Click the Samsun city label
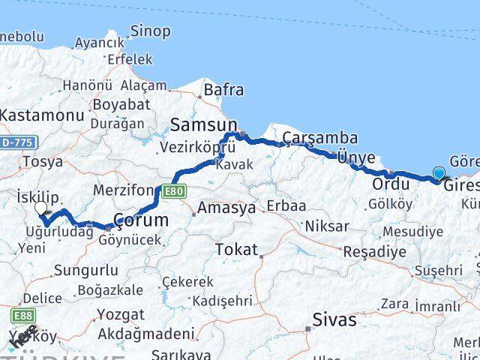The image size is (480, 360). [x=203, y=124]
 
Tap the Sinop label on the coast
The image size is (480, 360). [x=150, y=31]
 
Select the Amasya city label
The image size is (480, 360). [x=226, y=208]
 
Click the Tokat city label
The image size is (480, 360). [x=235, y=250]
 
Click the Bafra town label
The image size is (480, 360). [x=223, y=90]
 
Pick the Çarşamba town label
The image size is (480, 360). [x=319, y=138]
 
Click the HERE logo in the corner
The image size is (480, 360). [x=22, y=338]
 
